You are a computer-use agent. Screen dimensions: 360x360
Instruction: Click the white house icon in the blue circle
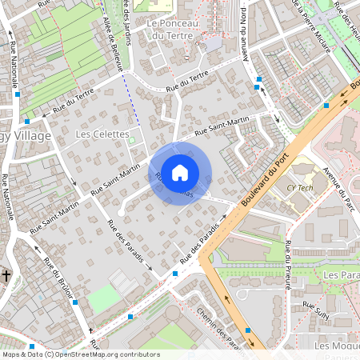coord(180,173)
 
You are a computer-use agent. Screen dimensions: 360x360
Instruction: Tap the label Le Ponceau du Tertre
coord(178,30)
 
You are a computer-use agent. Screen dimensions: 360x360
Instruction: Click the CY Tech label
coord(300,187)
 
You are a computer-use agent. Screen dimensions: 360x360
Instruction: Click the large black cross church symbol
coord(6,276)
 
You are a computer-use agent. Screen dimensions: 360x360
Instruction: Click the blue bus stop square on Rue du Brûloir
coord(74,302)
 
